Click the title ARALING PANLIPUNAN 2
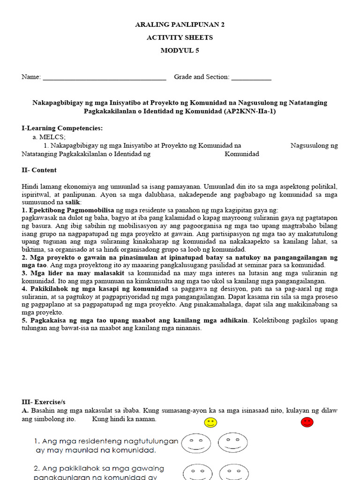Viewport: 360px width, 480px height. (x=180, y=24)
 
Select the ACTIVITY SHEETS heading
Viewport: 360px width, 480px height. (x=180, y=37)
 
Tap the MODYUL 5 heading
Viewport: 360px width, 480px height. (x=180, y=51)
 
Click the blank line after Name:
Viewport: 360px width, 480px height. (x=105, y=78)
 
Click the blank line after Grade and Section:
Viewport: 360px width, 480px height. (x=251, y=78)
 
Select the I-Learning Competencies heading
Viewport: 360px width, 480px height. (x=62, y=128)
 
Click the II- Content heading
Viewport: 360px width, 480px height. (x=39, y=170)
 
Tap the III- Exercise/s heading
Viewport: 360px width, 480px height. (x=44, y=402)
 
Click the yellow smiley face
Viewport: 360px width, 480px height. (x=211, y=422)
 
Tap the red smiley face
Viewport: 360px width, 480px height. (x=307, y=422)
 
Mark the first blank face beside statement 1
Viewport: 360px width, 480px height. (x=195, y=443)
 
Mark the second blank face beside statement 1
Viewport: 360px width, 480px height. (x=232, y=442)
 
